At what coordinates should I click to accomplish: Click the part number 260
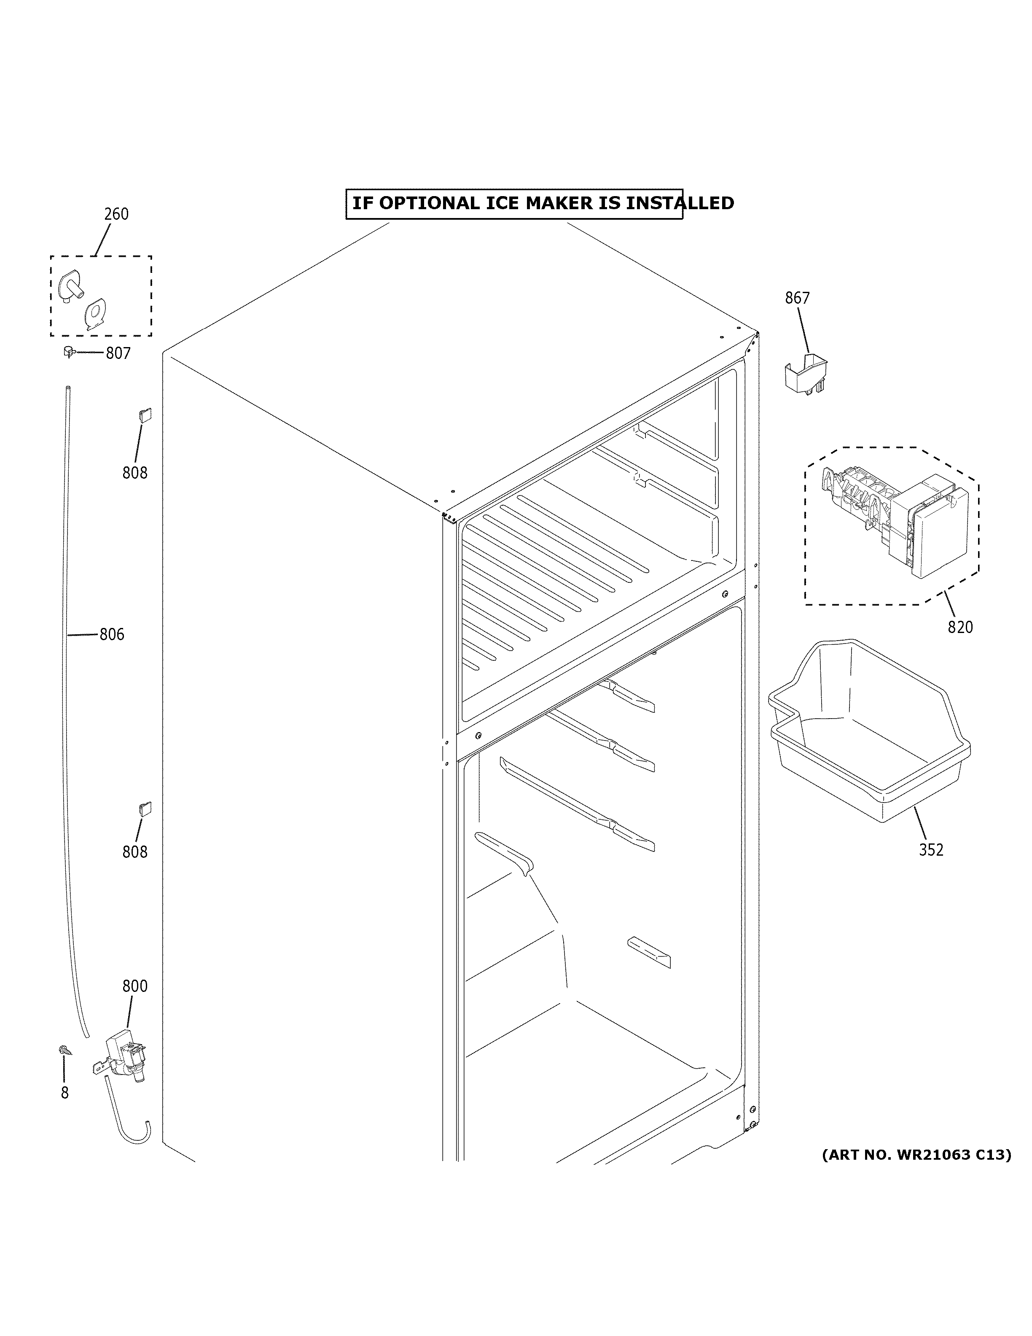coord(116,214)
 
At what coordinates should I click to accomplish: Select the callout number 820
coord(960,627)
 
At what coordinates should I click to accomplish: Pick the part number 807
coord(118,353)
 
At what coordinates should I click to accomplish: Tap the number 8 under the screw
coord(65,1093)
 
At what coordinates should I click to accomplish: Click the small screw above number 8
coord(64,1050)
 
